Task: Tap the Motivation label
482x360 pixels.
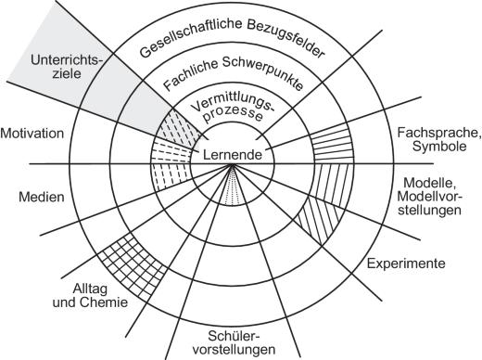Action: (32, 133)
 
